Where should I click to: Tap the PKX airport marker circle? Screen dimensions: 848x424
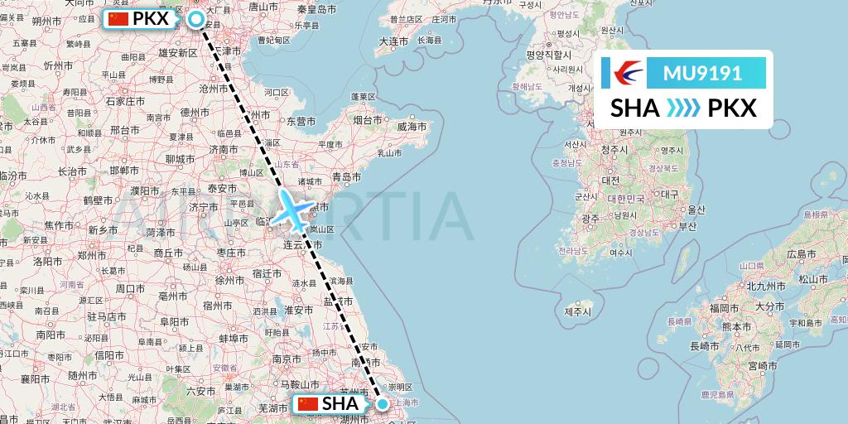[197, 19]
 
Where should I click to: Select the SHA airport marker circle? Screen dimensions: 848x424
[383, 404]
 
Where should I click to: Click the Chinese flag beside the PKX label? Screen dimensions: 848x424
[119, 18]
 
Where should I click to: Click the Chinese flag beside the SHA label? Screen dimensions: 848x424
[307, 404]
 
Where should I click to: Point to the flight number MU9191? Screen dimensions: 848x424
[702, 74]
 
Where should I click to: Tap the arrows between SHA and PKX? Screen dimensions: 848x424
[683, 108]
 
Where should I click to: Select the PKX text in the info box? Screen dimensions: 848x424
[733, 108]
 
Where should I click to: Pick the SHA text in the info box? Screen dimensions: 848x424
[635, 108]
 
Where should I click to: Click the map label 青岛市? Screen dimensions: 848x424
[345, 176]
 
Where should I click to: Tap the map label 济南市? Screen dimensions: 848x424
[224, 149]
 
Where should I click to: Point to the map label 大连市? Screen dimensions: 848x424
[393, 41]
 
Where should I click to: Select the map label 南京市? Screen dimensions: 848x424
[286, 359]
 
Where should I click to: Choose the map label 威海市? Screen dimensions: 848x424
[412, 127]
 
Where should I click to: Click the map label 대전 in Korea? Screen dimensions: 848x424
[611, 180]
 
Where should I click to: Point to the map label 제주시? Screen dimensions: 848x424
[577, 312]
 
